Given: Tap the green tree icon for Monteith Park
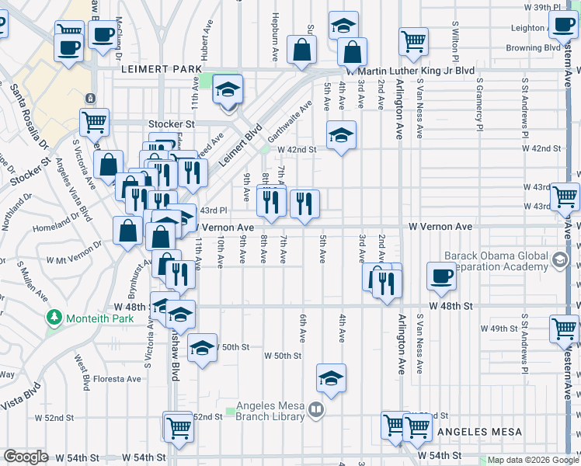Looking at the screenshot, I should pos(54,318).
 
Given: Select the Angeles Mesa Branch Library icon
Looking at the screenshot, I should pos(315,409).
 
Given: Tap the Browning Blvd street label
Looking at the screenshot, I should pos(533,47).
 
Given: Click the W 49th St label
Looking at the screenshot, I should pos(499,329).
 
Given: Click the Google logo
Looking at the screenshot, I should pos(26,457).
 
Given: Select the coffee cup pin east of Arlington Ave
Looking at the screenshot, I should pos(441,276).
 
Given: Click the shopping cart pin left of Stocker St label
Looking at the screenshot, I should pos(94,120).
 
